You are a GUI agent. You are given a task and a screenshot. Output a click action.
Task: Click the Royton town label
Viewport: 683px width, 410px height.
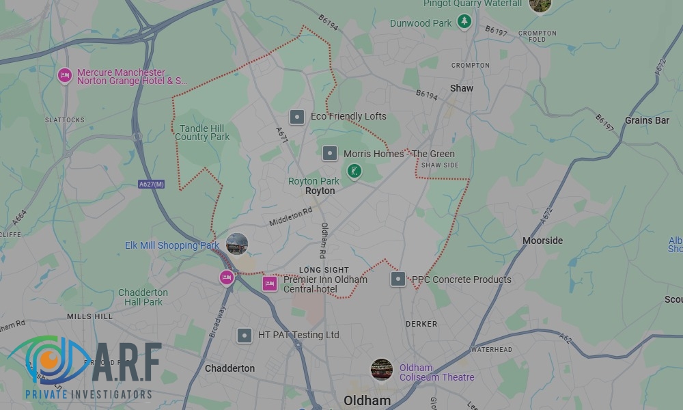(x=320, y=191)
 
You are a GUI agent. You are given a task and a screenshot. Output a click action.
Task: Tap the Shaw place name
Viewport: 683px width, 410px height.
(x=462, y=88)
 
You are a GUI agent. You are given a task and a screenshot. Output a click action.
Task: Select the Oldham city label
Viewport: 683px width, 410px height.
(x=367, y=400)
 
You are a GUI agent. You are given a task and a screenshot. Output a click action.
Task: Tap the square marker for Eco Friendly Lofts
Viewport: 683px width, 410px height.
(x=297, y=117)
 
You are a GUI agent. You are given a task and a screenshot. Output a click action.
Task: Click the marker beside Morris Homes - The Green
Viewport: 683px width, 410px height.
(x=330, y=154)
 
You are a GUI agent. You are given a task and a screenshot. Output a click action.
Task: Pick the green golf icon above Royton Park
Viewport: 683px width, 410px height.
(x=354, y=170)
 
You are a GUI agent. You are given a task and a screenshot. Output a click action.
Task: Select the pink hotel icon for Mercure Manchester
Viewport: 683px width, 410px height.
(x=65, y=75)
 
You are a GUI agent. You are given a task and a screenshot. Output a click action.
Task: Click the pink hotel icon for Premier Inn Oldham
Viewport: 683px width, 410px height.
(x=270, y=284)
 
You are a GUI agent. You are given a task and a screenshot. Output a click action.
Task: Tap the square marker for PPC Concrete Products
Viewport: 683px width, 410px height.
(x=398, y=279)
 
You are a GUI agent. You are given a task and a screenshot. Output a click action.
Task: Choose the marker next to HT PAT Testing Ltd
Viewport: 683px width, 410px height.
(x=245, y=336)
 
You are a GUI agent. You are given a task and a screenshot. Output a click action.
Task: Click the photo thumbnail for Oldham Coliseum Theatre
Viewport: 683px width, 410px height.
(x=381, y=370)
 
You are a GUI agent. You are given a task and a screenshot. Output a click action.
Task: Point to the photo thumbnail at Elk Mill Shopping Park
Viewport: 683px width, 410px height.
(x=237, y=243)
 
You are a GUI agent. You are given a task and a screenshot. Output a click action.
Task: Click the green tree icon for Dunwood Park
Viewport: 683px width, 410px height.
(x=464, y=22)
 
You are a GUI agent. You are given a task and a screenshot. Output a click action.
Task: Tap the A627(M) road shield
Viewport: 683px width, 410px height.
(x=152, y=184)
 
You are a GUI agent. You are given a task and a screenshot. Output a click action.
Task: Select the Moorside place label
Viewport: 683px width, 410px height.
(x=542, y=241)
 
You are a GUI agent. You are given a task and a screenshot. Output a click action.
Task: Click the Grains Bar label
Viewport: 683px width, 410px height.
(x=647, y=120)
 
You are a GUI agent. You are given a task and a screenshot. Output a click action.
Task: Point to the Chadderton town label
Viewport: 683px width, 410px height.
(x=229, y=368)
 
